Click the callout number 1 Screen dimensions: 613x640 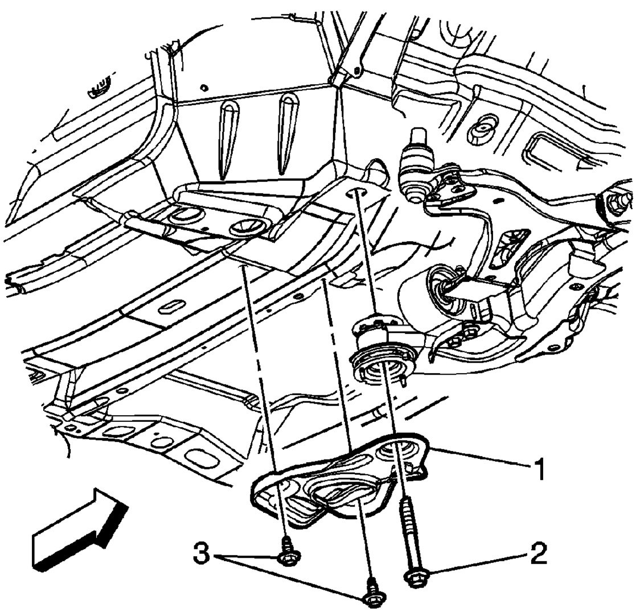pyautogui.click(x=538, y=470)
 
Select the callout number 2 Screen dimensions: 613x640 pyautogui.click(x=536, y=553)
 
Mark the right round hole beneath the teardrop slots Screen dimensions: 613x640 pyautogui.click(x=244, y=227)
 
